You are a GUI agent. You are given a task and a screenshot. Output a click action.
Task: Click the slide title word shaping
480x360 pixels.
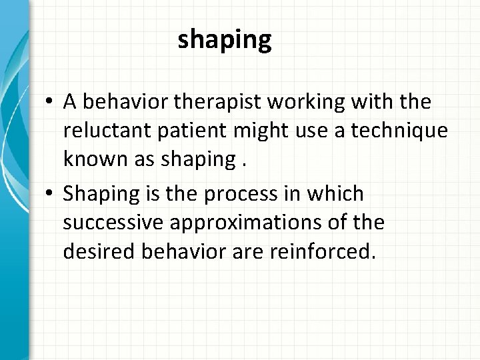[225, 41]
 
